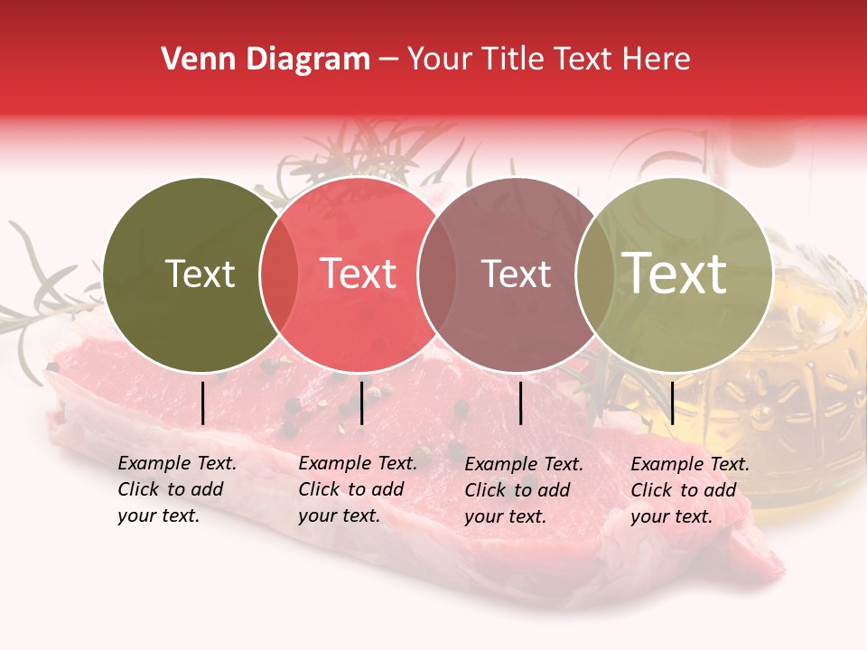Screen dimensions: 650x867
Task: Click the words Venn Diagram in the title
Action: (x=266, y=60)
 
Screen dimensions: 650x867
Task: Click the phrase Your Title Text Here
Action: (x=548, y=60)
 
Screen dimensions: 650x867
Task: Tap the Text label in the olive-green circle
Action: (x=200, y=274)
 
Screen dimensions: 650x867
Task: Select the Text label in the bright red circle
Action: (x=359, y=274)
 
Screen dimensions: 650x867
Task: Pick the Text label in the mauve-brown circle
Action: (x=516, y=274)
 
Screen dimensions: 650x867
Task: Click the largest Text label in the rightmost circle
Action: (x=675, y=273)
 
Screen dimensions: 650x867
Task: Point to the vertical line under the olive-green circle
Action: (x=203, y=403)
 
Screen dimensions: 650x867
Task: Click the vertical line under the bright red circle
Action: (x=361, y=403)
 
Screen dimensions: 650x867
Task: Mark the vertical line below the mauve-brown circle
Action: (x=521, y=403)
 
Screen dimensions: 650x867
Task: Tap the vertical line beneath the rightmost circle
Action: (x=673, y=403)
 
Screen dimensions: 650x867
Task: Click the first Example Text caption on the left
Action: (x=176, y=489)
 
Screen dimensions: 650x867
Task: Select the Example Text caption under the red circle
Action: (x=357, y=489)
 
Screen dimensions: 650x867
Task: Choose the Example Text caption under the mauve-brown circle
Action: (x=523, y=490)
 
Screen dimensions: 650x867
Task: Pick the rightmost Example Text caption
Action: (x=689, y=490)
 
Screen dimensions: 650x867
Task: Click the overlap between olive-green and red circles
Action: (x=279, y=274)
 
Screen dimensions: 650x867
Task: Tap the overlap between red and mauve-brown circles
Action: (x=436, y=274)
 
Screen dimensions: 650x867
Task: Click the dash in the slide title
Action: (x=388, y=60)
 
